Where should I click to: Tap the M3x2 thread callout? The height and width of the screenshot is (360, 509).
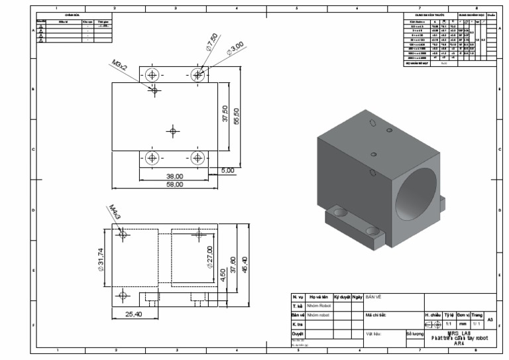(x=120, y=66)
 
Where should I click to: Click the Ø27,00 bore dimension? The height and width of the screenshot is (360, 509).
(x=210, y=254)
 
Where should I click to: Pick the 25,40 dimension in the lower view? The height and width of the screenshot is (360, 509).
(x=135, y=314)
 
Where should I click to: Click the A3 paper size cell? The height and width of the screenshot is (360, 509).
(x=490, y=320)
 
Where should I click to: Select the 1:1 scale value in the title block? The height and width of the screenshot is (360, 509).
(x=448, y=324)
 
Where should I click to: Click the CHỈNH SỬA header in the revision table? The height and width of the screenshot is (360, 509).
(x=72, y=14)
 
